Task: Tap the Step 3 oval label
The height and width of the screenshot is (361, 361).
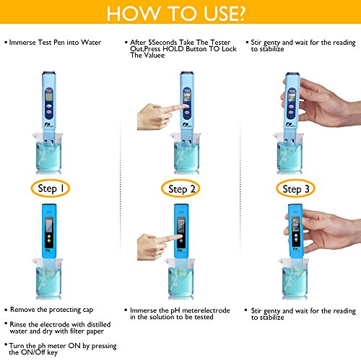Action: click(302, 190)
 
